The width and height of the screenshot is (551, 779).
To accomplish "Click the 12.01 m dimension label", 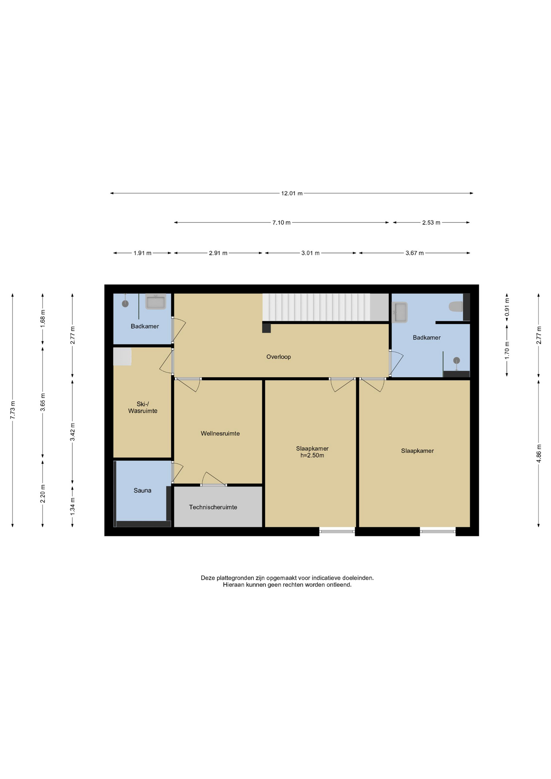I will pos(292,194).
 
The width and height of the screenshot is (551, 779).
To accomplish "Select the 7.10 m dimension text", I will pos(281,223).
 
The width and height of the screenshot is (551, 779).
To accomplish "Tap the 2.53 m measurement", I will pos(431,223).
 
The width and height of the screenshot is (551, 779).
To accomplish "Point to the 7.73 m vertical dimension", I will pos(13,410).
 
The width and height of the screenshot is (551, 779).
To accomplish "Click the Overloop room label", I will pos(278,357).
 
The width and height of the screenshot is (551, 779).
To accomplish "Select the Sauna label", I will pos(142,491).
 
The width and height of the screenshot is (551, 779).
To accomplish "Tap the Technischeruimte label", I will pos(213,507).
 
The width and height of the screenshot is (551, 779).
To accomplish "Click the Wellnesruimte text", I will pos(220,434).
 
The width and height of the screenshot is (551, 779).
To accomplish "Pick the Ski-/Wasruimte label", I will pos(142,407).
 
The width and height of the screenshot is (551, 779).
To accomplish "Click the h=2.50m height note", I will pos(312,456).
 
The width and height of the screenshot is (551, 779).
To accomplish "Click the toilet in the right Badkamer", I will pos(456,306).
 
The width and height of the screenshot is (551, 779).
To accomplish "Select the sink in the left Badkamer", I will pos(156,302).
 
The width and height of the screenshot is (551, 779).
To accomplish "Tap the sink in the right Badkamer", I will pos(400,312).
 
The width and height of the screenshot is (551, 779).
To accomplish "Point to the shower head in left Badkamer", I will pos(125,303).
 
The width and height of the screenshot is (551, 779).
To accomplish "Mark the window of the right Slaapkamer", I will pos(437,531).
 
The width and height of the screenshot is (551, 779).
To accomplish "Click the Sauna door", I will pos(177,472).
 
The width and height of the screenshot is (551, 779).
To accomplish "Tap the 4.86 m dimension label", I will pos(539,454).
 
